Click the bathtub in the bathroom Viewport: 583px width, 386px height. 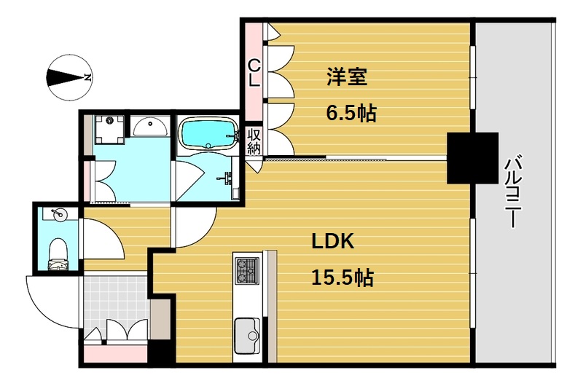point(208,133)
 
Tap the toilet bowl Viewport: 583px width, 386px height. point(58,253)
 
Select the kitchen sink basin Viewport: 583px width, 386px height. point(247,336)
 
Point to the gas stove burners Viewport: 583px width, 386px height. point(247,271)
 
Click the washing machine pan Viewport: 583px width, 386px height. point(109,130)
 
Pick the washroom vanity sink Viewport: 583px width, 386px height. point(150,126)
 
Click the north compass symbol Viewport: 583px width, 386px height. point(69,78)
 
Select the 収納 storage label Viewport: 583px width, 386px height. point(254,141)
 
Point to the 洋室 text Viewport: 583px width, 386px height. point(347,76)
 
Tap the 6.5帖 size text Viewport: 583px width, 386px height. point(351,114)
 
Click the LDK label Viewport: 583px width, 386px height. point(332,242)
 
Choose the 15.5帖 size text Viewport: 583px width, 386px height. point(343,277)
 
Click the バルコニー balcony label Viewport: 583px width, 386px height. point(513,191)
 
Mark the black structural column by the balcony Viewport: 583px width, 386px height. point(472,158)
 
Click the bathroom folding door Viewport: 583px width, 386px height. point(189,181)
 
